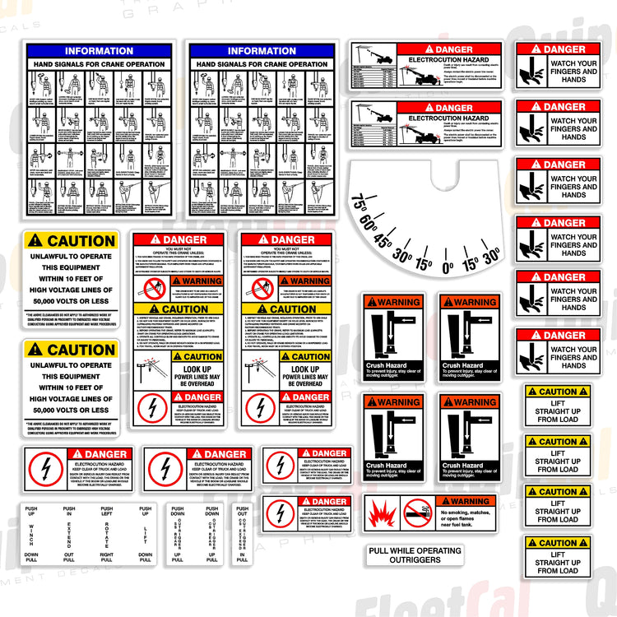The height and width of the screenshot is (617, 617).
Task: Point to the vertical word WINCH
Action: tap(31, 534)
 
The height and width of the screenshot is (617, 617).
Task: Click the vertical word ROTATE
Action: tap(107, 534)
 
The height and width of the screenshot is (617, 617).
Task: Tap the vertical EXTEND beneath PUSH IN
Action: tap(69, 534)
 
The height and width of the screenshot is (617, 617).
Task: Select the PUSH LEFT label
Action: tap(107, 512)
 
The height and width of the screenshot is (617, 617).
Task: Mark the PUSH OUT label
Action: tap(242, 512)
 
